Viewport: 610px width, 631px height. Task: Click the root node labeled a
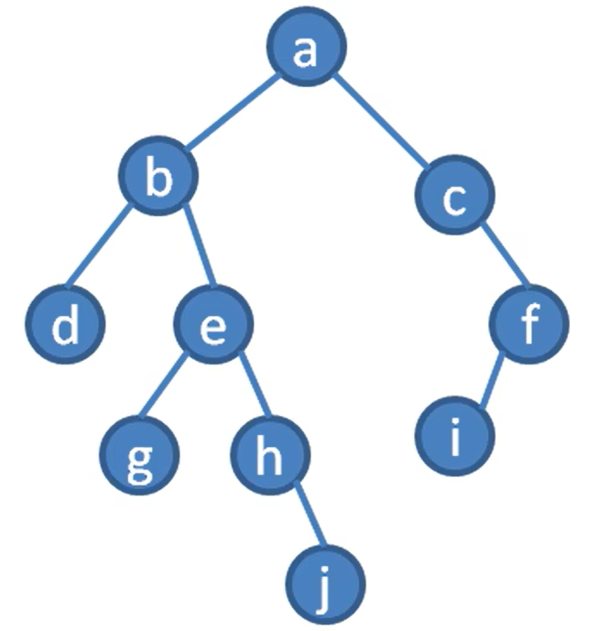coord(306,51)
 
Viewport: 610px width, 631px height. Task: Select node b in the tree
coord(160,178)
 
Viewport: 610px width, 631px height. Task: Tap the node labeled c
coord(455,199)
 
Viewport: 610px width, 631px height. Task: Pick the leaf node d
coord(65,324)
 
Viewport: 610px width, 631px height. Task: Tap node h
coord(269,454)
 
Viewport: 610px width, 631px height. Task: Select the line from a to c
coord(380,125)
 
